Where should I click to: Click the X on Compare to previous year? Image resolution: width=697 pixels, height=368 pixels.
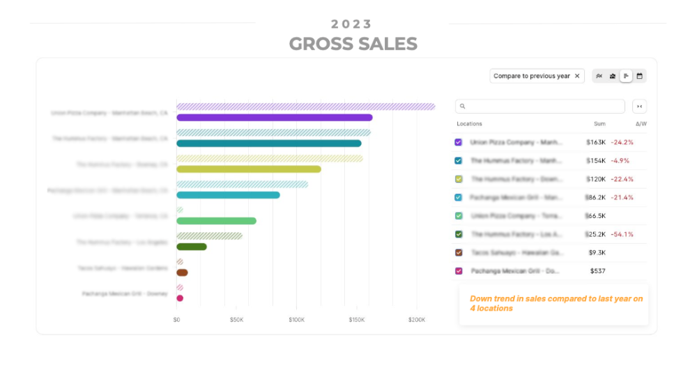click(577, 76)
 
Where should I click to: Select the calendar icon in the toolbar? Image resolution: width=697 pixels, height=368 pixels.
click(639, 76)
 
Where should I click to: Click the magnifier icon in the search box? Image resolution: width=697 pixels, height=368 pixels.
click(463, 107)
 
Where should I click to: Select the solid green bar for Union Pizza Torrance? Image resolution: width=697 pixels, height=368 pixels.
click(216, 221)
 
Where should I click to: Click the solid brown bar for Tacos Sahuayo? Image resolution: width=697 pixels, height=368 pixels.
click(182, 273)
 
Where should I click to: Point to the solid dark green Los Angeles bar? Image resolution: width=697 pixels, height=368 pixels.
click(192, 247)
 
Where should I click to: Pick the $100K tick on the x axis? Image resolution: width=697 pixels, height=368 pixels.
click(297, 320)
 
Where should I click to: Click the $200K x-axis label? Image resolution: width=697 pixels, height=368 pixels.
click(416, 320)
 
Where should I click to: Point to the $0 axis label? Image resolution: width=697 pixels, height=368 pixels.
click(177, 320)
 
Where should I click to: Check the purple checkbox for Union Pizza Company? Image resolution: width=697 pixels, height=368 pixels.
click(458, 142)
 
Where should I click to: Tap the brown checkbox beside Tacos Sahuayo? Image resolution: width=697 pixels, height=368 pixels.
click(458, 252)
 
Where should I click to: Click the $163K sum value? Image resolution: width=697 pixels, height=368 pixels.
click(596, 142)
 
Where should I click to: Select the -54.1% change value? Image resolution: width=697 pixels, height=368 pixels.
click(622, 234)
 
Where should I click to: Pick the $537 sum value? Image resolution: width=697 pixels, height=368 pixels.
click(597, 271)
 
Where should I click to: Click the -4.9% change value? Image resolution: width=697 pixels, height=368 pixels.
click(620, 160)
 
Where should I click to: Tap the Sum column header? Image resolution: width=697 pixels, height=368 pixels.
click(599, 124)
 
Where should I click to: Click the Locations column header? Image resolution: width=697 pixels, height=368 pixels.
click(469, 124)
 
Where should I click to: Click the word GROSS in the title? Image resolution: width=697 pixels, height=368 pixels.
click(319, 44)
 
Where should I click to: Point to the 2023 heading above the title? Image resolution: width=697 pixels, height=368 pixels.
click(352, 24)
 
